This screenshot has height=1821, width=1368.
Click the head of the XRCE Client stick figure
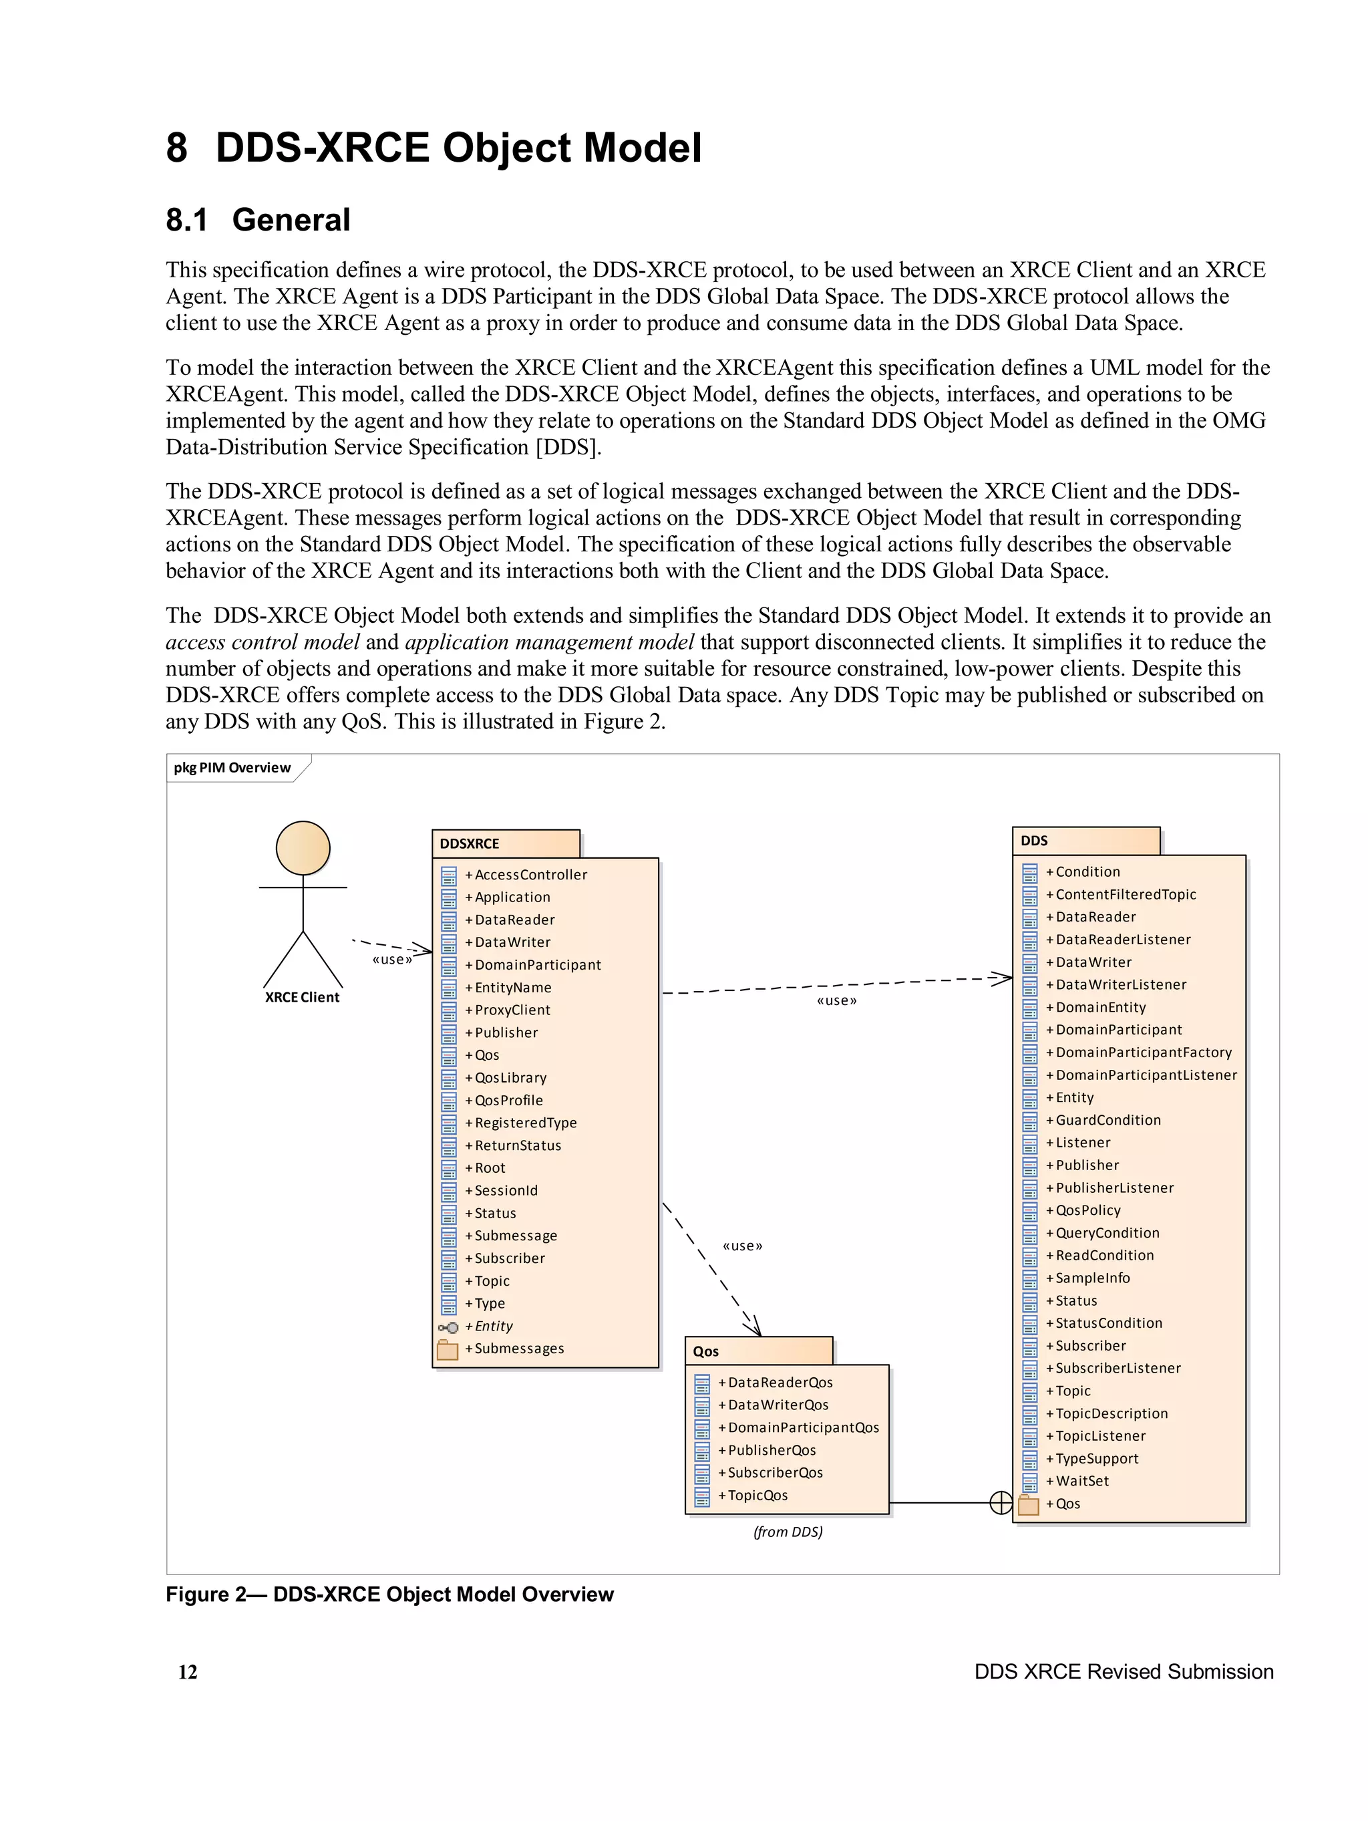[303, 847]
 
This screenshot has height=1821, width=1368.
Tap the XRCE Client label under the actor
[302, 997]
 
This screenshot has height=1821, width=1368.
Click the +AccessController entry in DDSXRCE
[530, 874]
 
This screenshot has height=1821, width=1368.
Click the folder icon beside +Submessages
[448, 1349]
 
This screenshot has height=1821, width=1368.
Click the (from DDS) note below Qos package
[788, 1531]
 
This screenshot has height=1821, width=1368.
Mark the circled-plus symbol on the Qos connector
[1000, 1503]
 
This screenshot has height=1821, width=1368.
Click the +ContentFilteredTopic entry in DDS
[1125, 894]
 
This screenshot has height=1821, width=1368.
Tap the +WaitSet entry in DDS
[1081, 1480]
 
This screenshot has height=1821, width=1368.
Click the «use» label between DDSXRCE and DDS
[836, 1000]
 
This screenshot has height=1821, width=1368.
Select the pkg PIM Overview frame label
[232, 767]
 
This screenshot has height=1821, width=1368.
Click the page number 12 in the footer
[188, 1671]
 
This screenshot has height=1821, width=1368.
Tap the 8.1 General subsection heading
[258, 220]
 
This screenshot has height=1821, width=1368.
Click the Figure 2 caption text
[389, 1594]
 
